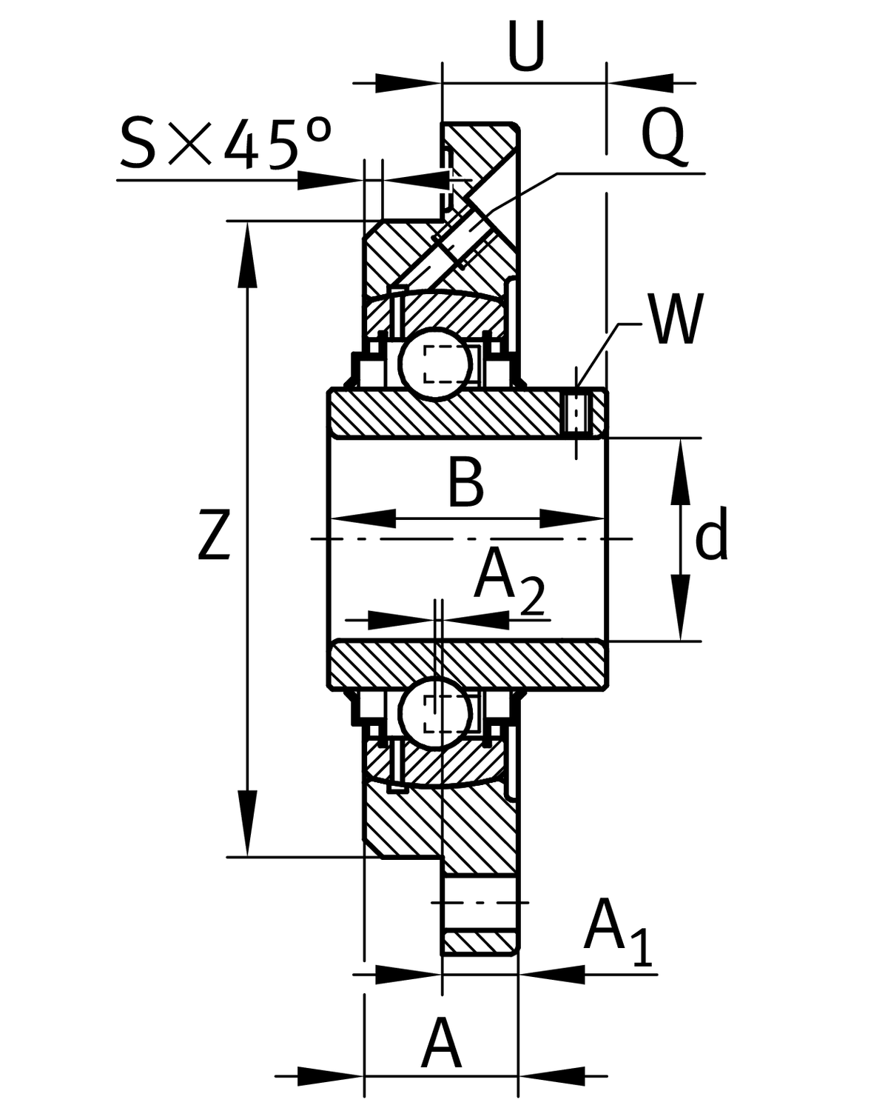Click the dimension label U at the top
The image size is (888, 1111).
tap(526, 46)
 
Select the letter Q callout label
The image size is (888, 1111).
tap(662, 138)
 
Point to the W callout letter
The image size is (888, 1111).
tap(675, 320)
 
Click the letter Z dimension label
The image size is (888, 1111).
tap(215, 535)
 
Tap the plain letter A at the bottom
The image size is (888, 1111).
tap(442, 1045)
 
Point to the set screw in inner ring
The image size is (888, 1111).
tap(576, 412)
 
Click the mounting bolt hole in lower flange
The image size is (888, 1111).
tap(480, 902)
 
